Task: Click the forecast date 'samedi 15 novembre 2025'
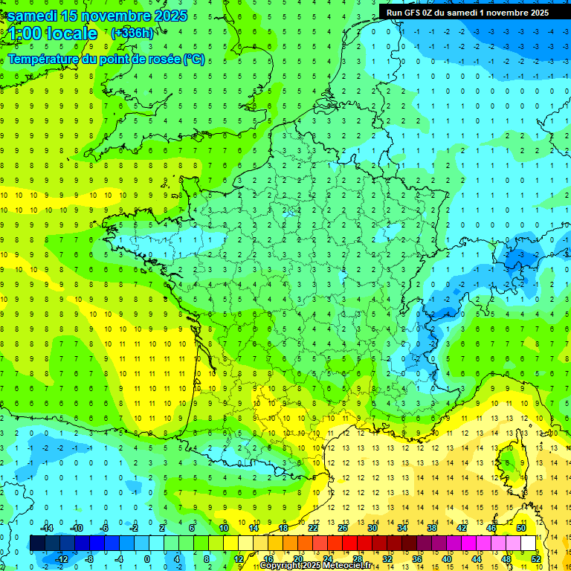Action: (x=97, y=16)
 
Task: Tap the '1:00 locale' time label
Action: (x=53, y=33)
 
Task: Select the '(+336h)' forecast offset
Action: (x=132, y=33)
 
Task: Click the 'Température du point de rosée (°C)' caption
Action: (x=106, y=59)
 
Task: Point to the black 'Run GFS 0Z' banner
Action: (x=467, y=12)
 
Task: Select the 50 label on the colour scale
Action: (x=521, y=527)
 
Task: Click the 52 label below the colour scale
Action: (x=535, y=559)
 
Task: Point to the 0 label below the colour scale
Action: (x=147, y=559)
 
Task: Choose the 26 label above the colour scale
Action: (x=343, y=527)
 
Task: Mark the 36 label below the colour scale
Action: (x=416, y=559)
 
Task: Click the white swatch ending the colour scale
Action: (x=529, y=543)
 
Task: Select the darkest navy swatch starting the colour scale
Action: (x=37, y=543)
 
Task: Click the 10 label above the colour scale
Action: (x=223, y=527)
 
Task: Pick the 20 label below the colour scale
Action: (x=297, y=559)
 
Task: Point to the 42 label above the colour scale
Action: (x=462, y=527)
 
